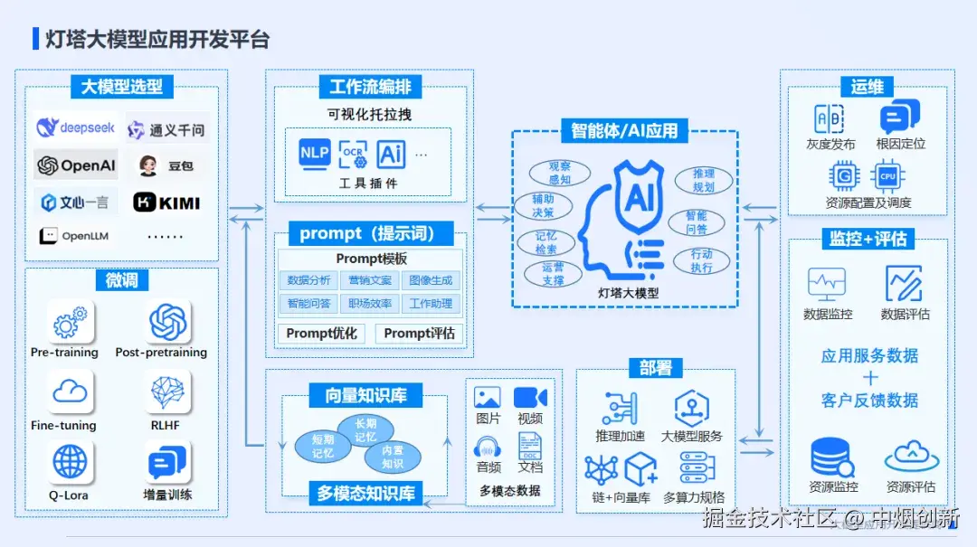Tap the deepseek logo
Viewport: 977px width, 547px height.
(x=75, y=127)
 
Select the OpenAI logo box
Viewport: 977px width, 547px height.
(x=75, y=165)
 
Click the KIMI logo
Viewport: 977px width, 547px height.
(x=166, y=203)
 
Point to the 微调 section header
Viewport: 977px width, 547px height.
(x=121, y=280)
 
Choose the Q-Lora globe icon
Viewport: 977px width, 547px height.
(x=70, y=462)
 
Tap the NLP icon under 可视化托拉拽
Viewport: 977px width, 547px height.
(x=314, y=153)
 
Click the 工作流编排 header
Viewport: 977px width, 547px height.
(x=370, y=87)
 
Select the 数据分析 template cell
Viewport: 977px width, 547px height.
(x=308, y=280)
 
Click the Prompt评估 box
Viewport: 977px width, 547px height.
(x=419, y=333)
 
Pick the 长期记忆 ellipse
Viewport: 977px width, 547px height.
(x=365, y=430)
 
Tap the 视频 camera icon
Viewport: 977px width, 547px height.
(x=530, y=398)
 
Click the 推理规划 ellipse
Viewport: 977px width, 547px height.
(x=703, y=180)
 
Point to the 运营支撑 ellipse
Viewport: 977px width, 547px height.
(x=553, y=274)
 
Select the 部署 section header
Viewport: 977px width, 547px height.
(x=655, y=367)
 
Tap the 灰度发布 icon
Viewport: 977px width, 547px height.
(x=829, y=119)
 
